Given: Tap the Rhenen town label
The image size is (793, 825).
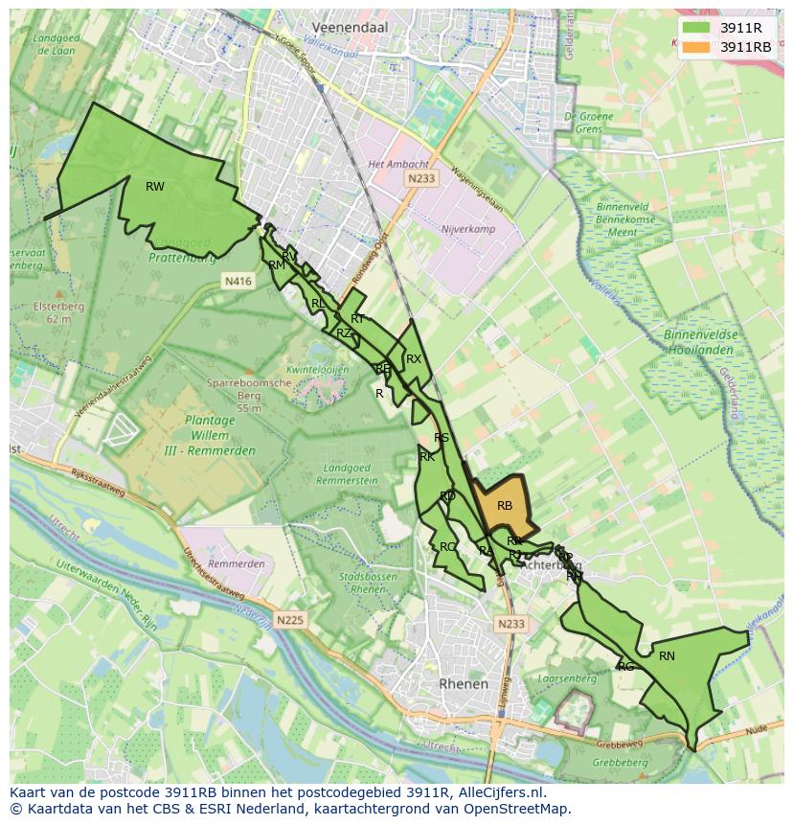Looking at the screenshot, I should pos(463,684).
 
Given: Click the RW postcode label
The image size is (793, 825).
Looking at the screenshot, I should pos(154,187).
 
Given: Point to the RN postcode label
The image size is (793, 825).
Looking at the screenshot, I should pos(667,656).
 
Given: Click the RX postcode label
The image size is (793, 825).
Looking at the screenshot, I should pos(414,359).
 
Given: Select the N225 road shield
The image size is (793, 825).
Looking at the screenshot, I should pos(289,621).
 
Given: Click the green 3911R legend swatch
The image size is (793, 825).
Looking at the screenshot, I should pos(696,28).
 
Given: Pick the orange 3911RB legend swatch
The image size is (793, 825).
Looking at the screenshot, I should pos(696,47).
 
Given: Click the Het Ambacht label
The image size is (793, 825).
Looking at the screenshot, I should pos(390,164).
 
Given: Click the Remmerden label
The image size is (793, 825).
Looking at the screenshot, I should pos(236,564).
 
